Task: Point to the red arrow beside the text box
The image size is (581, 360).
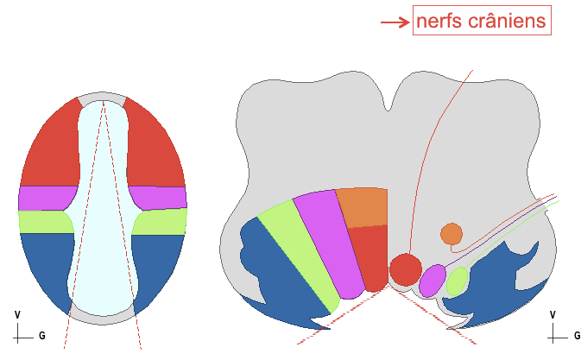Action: pos(394,22)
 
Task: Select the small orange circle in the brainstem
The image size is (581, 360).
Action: pos(451,233)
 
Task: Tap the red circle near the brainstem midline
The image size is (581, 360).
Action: pos(404,269)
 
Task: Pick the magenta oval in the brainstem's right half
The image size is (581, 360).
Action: pos(432,279)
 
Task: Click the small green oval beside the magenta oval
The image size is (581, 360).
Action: pos(457,281)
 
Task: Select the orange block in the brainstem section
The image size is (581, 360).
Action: pos(363,207)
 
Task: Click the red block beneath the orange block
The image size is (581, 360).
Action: pos(371,255)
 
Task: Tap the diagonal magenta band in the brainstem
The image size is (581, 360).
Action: pos(324,242)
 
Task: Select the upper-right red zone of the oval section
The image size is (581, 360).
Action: pos(155,147)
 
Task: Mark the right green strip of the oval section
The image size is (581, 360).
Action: pos(161,222)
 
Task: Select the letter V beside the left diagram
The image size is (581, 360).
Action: pos(16,315)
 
